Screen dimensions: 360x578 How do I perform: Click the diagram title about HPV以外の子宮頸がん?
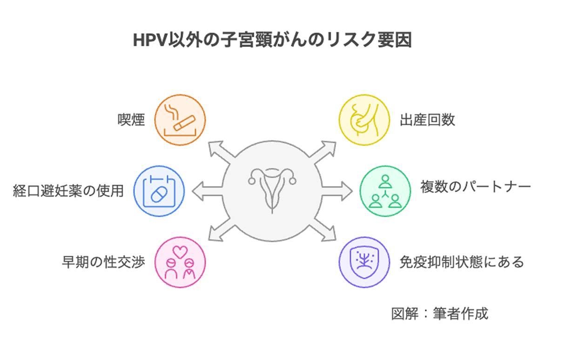[272, 40]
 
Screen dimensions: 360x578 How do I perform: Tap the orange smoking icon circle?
[180, 120]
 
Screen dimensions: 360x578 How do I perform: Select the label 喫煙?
[131, 120]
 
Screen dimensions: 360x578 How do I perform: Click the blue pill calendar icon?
[159, 191]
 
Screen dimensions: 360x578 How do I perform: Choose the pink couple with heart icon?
[180, 263]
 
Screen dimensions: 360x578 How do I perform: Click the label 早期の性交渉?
[103, 262]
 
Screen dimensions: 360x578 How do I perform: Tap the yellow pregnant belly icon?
[363, 120]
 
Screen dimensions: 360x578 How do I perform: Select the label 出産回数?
[427, 120]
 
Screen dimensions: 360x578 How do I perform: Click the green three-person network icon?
[385, 191]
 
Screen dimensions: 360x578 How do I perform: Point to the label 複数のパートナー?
[475, 188]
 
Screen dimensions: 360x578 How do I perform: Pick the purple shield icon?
[363, 263]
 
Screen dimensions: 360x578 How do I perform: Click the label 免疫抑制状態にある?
[462, 262]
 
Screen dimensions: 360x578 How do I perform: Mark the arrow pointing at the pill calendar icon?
[205, 191]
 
